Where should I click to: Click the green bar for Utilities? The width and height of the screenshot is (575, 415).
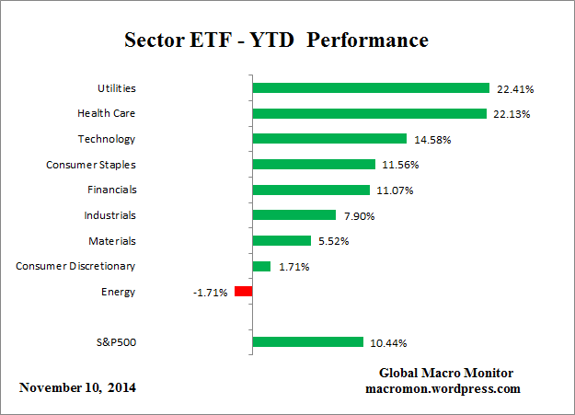[371, 88]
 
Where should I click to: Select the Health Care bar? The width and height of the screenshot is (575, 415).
[369, 114]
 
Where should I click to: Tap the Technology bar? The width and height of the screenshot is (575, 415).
[329, 139]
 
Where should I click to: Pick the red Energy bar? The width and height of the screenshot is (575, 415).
[243, 292]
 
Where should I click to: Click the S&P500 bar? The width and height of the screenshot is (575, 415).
[308, 342]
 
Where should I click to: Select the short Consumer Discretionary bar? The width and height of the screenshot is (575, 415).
[261, 266]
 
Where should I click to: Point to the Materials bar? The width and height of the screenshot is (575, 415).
[282, 240]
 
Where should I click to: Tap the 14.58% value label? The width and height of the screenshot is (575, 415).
[431, 140]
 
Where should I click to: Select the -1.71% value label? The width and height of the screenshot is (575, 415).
[211, 293]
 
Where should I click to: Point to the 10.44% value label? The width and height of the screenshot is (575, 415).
[388, 343]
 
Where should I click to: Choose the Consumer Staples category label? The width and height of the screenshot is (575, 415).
[90, 165]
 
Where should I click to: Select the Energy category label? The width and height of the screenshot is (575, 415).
[118, 292]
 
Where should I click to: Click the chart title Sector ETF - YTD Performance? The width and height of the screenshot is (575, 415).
[276, 41]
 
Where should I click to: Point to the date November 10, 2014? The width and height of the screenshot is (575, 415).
[77, 387]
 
